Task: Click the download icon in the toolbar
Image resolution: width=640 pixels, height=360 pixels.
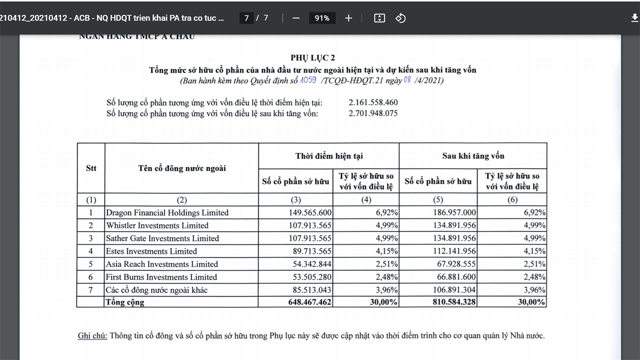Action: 635,18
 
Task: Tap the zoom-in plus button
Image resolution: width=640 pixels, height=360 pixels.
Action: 349,18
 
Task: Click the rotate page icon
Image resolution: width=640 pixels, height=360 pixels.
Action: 401,18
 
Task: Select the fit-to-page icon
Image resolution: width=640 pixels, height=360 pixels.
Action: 380,18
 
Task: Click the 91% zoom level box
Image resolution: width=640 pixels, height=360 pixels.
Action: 322,18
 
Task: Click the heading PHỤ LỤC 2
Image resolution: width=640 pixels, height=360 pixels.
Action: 313,58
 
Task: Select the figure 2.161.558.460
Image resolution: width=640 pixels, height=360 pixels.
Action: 373,103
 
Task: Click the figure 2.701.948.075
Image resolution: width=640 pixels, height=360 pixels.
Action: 373,113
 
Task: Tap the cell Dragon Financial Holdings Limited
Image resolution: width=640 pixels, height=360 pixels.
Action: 167,213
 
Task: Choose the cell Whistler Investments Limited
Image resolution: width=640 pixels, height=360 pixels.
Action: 157,225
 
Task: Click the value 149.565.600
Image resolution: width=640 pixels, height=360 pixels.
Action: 310,213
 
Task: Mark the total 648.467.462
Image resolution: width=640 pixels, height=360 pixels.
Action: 310,302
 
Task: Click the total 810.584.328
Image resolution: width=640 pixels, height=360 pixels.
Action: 451,302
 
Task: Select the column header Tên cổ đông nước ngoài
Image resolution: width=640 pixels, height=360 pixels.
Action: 182,168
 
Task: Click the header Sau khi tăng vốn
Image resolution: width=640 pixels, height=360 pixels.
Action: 473,156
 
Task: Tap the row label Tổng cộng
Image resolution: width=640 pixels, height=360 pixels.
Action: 125,302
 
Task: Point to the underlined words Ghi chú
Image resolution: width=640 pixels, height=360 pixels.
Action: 92,336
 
